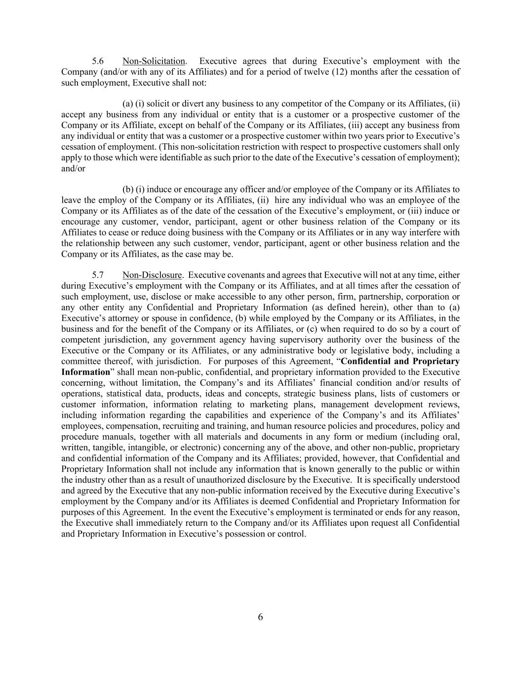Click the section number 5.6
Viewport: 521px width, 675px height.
pos(98,61)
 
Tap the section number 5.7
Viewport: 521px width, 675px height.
pos(98,275)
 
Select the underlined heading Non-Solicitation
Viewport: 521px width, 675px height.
pos(154,61)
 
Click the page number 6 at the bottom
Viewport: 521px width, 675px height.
pos(260,617)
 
